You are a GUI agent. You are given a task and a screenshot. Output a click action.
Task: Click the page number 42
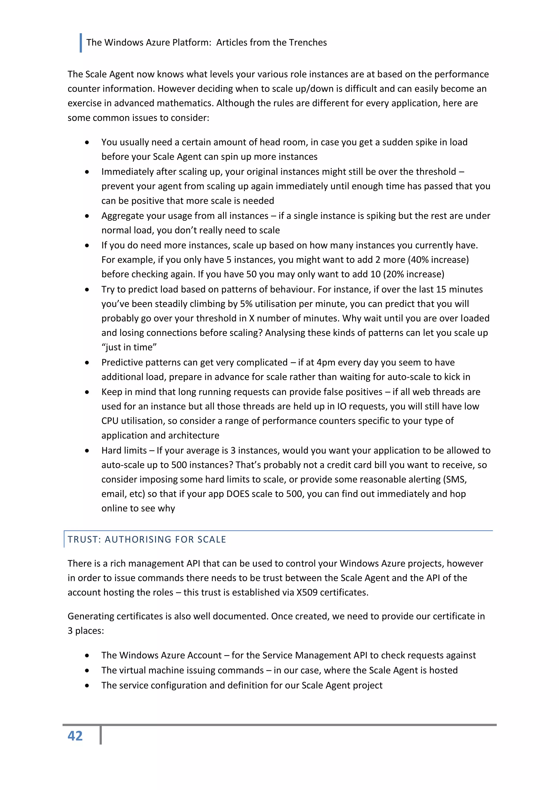tap(75, 736)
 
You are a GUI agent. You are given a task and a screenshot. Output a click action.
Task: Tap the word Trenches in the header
tap(308, 42)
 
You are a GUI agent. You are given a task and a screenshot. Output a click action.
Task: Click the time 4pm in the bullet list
tap(326, 362)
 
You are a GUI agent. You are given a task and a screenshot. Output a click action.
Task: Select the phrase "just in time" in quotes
tap(129, 347)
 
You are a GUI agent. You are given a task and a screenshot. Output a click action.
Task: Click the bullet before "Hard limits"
tap(87, 451)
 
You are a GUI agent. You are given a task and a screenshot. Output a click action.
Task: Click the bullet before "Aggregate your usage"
tap(87, 216)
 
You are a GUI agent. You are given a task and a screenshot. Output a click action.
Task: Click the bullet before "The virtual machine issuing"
tap(87, 670)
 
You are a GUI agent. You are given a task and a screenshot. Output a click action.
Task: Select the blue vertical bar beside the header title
tap(81, 43)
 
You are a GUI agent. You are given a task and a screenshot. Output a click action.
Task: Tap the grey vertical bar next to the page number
tap(100, 735)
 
